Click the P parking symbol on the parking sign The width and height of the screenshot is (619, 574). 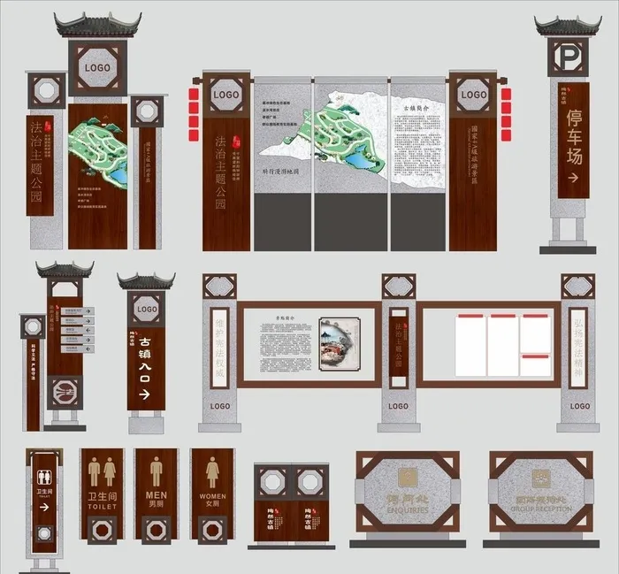568,59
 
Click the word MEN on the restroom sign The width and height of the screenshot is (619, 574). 156,495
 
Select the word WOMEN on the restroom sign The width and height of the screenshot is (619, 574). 212,496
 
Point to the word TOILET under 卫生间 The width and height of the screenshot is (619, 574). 103,507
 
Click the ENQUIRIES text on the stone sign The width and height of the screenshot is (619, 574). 406,510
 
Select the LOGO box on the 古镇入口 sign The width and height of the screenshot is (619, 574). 147,310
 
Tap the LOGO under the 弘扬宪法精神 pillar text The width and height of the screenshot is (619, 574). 579,406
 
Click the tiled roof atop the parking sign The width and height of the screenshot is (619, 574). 567,25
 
